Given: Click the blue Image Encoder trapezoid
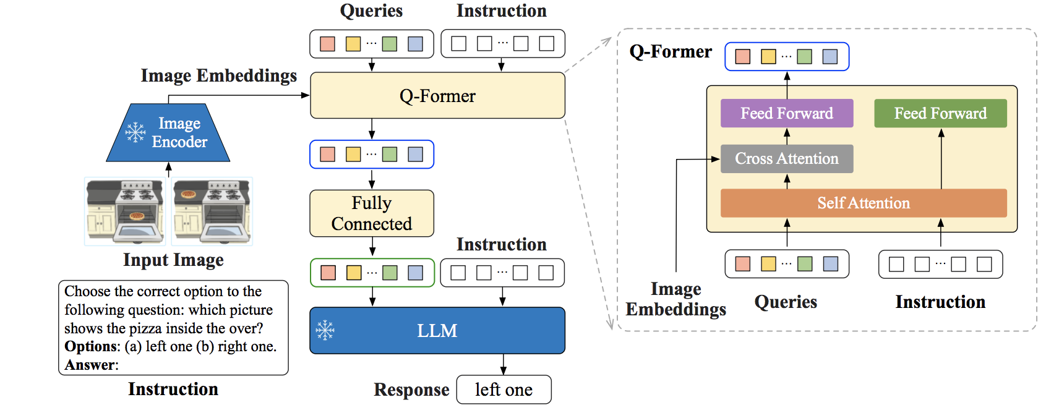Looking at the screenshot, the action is [168, 132].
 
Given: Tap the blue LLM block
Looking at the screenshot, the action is [437, 331].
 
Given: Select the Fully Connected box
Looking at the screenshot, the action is [372, 213].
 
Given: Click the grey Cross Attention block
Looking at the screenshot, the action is [787, 159].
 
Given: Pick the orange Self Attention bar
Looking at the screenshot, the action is [864, 203].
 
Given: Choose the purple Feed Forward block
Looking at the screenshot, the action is [787, 113].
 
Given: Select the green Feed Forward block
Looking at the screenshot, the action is [940, 113].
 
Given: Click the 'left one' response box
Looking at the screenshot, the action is [504, 390].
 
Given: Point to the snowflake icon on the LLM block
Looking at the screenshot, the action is [325, 330].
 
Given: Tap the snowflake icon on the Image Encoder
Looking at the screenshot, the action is [135, 132].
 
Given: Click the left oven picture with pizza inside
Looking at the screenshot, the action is [125, 211].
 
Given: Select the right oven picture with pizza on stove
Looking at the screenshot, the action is [212, 211].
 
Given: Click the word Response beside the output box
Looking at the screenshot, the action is [411, 390].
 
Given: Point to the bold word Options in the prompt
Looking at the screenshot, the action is [90, 347].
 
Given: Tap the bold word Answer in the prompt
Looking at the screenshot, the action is [89, 365].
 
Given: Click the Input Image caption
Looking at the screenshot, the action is [173, 260].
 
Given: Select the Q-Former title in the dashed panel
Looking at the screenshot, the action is [671, 51].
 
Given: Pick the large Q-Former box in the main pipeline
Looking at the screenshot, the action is [437, 95].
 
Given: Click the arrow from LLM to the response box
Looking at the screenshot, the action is [504, 365].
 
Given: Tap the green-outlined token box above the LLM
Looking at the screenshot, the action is [372, 273].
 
